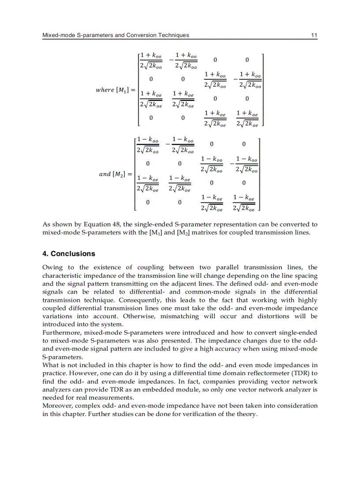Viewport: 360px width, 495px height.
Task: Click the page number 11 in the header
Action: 314,35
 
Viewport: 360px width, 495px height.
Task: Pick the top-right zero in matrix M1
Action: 247,60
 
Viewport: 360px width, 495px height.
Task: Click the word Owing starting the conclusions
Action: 52,268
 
